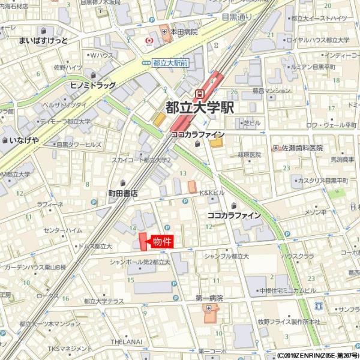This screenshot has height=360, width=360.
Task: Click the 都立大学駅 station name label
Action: (x=200, y=108)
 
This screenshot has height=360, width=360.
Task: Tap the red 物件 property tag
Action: (x=160, y=242)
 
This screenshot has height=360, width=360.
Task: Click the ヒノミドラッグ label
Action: (x=92, y=86)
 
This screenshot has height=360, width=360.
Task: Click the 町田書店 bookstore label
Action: (x=123, y=194)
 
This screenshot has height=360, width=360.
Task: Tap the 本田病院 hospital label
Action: (x=184, y=32)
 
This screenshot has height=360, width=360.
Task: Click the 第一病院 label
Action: (x=209, y=298)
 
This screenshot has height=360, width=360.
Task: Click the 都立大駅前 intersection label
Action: (x=170, y=62)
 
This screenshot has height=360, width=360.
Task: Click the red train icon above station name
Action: (x=199, y=93)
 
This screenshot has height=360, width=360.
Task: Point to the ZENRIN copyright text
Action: (x=317, y=355)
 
